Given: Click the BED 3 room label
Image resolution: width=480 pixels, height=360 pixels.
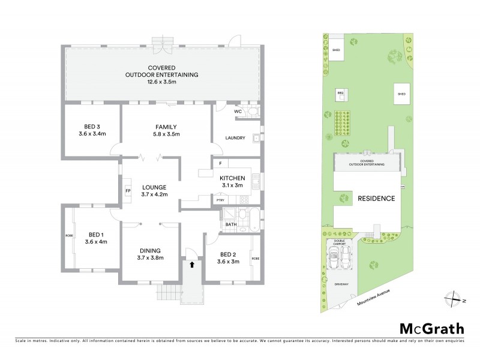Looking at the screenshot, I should click(x=92, y=126).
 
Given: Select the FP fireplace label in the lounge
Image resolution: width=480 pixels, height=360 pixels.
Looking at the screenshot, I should click(x=128, y=191).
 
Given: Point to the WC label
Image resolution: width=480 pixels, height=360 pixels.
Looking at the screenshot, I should click(x=238, y=112).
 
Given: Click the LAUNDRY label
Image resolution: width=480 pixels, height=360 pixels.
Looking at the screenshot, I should click(x=235, y=138).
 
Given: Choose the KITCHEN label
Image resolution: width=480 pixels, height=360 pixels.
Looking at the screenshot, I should click(x=231, y=178).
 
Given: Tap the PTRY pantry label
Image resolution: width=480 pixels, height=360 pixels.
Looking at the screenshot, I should click(x=221, y=200).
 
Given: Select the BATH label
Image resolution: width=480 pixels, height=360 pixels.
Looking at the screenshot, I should click(x=231, y=225).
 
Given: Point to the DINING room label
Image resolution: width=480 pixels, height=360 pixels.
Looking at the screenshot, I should click(x=151, y=250).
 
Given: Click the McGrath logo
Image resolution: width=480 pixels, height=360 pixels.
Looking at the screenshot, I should click(x=431, y=328).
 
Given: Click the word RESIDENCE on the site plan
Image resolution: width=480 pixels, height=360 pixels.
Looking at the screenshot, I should click(x=376, y=199).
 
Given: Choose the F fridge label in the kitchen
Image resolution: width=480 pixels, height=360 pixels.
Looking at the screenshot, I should click(x=220, y=163).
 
